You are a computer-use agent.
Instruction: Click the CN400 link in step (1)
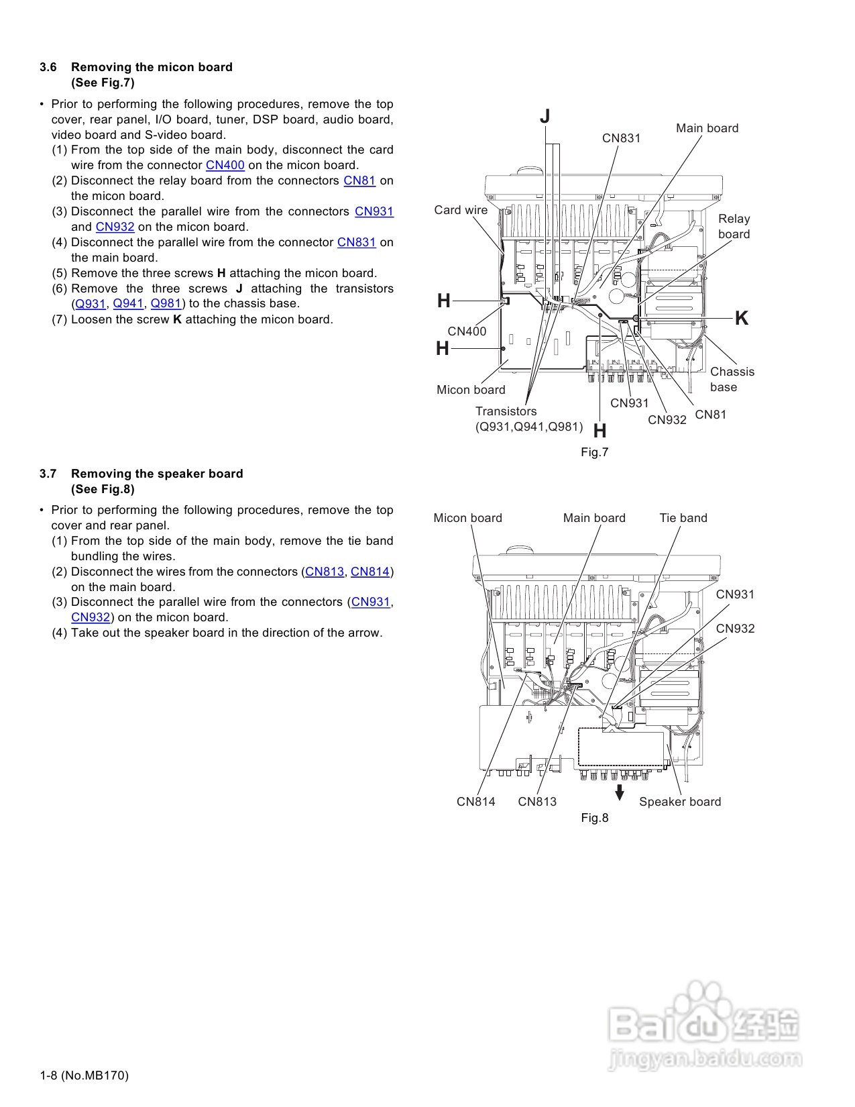225,165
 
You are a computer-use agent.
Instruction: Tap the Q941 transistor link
128,303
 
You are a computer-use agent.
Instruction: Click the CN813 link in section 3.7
325,572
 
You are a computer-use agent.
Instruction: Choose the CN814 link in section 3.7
370,572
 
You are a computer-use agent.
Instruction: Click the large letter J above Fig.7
545,117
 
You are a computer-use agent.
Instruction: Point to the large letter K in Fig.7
741,318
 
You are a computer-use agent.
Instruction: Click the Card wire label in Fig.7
461,210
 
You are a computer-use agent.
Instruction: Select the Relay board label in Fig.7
734,226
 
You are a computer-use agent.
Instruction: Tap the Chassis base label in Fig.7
732,379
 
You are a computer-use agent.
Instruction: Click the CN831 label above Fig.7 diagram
621,138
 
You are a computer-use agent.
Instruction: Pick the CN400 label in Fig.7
467,331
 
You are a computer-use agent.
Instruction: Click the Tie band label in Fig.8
683,518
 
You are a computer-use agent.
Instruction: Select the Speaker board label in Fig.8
679,802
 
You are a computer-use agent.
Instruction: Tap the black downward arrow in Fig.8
620,792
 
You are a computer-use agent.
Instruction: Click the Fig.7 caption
594,452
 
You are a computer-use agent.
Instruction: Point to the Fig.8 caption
594,818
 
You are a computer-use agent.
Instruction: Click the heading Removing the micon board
152,67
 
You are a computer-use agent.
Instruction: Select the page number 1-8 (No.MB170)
84,1075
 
